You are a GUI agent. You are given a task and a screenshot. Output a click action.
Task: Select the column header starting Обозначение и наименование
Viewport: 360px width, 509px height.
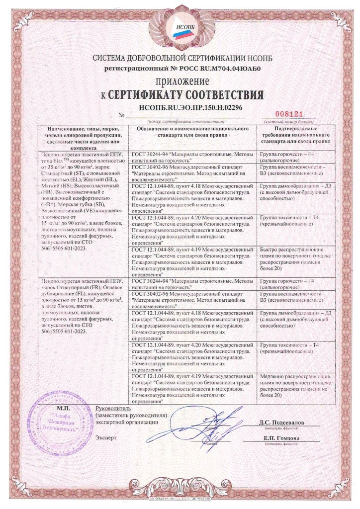tap(192, 131)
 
